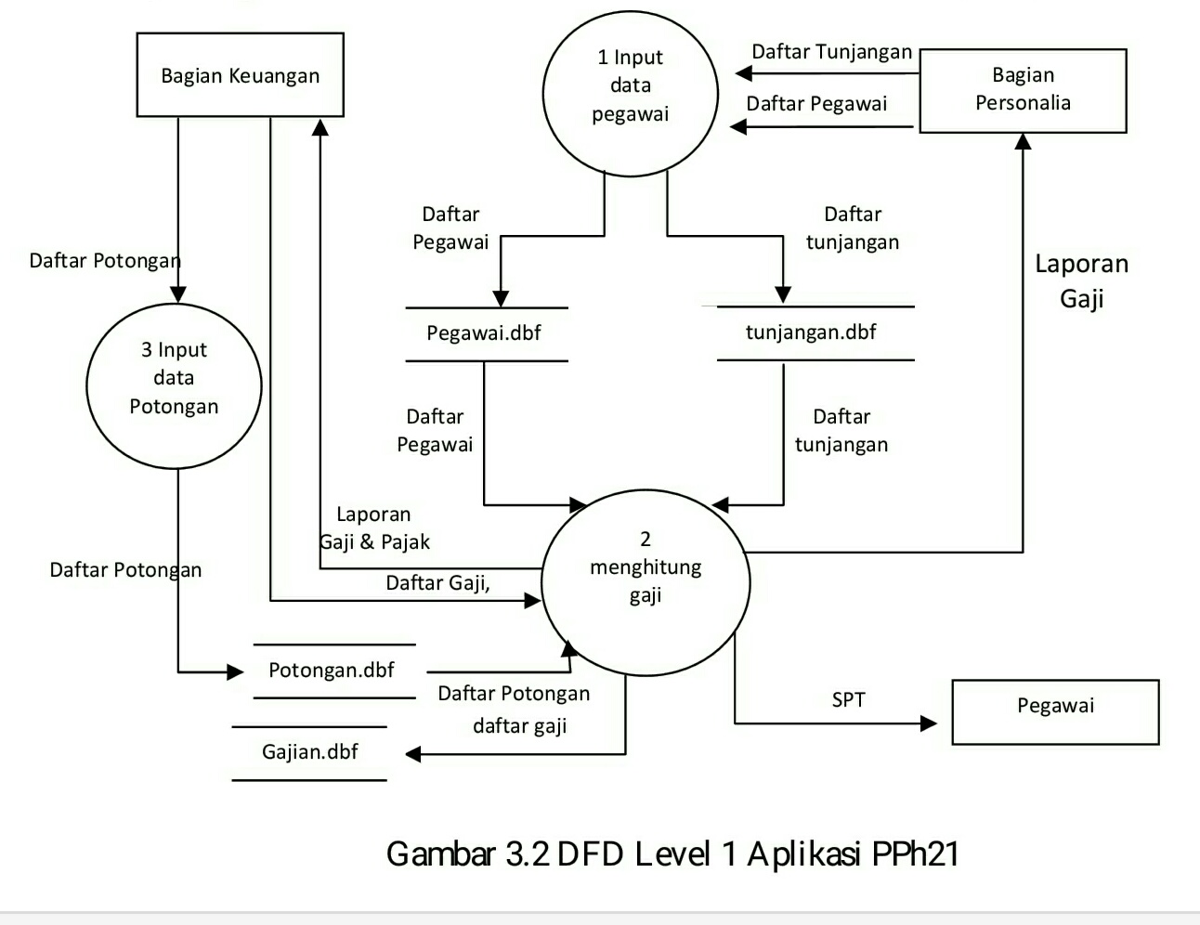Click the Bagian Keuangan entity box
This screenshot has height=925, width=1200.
pos(240,75)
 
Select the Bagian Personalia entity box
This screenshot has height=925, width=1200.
pos(1023,90)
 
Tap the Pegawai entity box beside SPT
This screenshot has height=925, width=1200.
pos(1055,711)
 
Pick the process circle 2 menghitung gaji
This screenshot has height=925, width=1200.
pos(645,580)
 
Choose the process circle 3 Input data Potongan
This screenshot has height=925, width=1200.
pos(174,384)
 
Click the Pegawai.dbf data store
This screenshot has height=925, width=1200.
pos(484,333)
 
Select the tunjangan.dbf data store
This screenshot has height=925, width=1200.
pos(811,332)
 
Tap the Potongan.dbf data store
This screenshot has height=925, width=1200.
pos(332,671)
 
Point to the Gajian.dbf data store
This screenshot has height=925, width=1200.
pos(309,752)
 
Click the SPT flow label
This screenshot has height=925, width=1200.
pos(848,700)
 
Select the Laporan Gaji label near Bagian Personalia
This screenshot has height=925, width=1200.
pos(1081,280)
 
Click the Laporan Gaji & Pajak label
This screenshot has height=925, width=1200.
pos(375,528)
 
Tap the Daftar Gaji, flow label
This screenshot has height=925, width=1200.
pos(437,583)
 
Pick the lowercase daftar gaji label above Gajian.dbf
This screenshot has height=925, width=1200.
pos(519,726)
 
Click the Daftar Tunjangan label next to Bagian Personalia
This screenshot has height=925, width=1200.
pos(831,52)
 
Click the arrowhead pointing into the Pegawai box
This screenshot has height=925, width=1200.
pos(929,723)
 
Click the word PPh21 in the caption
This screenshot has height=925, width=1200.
pos(915,853)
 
